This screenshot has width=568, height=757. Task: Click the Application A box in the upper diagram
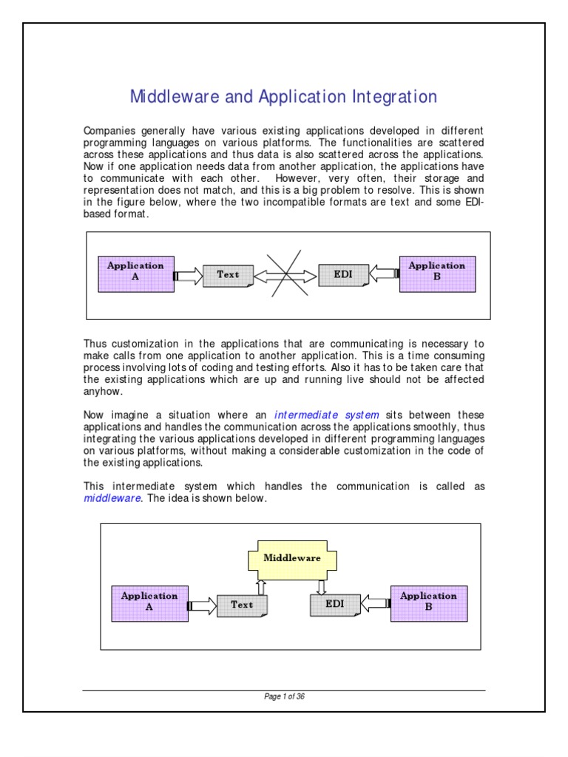[x=135, y=274]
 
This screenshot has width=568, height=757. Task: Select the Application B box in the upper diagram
[x=436, y=274]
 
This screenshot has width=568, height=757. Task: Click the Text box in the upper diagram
[x=228, y=276]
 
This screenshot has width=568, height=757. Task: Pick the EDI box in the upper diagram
[x=341, y=276]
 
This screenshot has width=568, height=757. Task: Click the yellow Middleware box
[x=292, y=558]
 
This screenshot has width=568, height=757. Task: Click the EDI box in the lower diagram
[x=335, y=605]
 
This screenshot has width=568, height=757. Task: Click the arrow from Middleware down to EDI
[x=322, y=586]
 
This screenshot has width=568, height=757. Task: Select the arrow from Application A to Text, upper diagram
[x=187, y=276]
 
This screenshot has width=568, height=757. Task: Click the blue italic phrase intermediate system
[x=326, y=415]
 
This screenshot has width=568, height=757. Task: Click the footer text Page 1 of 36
[x=285, y=696]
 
